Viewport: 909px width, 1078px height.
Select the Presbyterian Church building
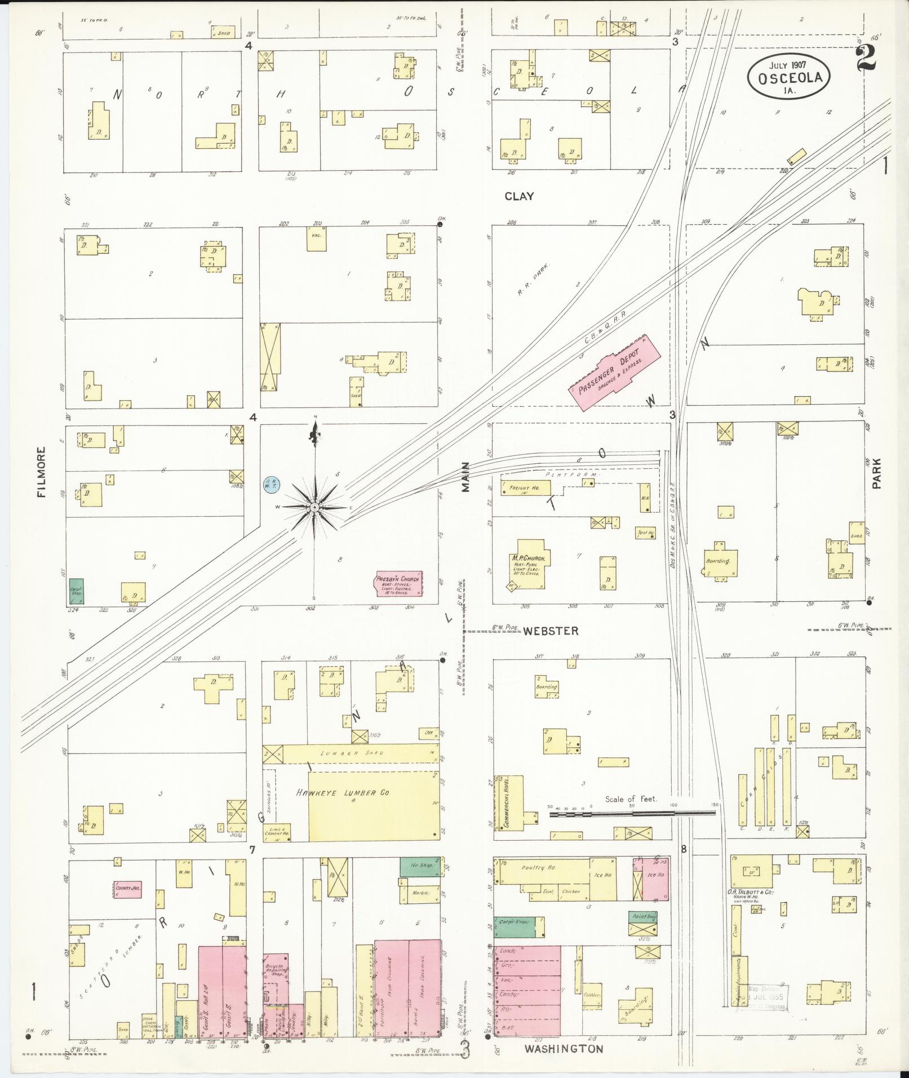point(399,583)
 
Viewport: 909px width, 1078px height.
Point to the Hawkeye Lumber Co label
point(343,793)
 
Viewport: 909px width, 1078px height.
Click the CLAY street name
point(518,196)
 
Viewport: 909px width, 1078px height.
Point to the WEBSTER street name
point(551,631)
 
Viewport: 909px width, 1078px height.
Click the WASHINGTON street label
point(564,1049)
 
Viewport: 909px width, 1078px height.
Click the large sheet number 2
point(866,57)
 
